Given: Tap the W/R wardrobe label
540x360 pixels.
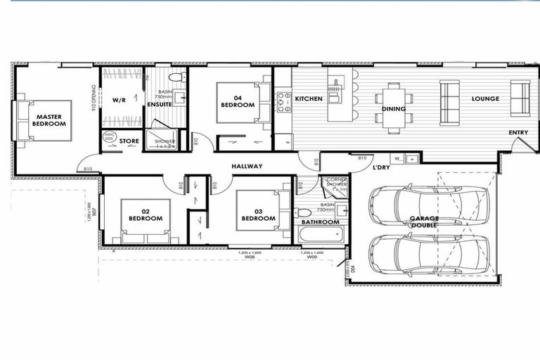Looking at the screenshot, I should click(x=119, y=101).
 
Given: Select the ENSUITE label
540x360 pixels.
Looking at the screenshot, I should click(x=160, y=105).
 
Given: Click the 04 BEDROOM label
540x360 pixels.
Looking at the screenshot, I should click(x=238, y=100).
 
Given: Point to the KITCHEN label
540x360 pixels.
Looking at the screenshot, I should click(x=309, y=99).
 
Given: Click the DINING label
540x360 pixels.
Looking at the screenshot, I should click(x=393, y=109).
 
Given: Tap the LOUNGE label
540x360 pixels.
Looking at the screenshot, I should click(x=485, y=99).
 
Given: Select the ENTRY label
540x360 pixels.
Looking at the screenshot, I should click(x=519, y=133).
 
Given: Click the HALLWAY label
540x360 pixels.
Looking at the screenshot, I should click(x=247, y=167).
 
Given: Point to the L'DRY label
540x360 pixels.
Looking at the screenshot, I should click(x=381, y=167).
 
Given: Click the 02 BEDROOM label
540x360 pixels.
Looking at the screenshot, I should click(x=146, y=214).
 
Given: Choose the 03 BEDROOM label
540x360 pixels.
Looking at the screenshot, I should click(x=259, y=214).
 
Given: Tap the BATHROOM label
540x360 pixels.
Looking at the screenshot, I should click(x=321, y=222).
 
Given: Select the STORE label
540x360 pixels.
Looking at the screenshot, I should click(x=129, y=141).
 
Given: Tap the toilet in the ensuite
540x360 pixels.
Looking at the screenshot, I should click(x=178, y=77).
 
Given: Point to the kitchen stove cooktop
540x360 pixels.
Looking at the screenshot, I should click(x=283, y=103).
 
